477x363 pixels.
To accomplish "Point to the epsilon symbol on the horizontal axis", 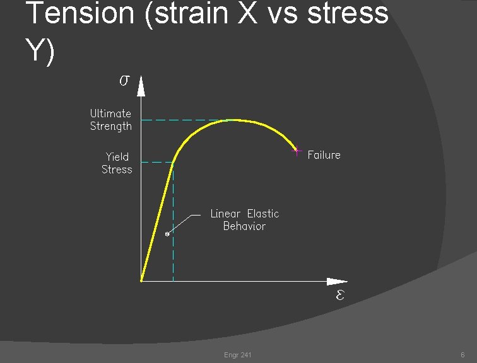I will pyautogui.click(x=339, y=295).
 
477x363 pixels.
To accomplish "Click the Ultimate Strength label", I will pyautogui.click(x=111, y=120).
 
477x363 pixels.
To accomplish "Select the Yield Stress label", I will pyautogui.click(x=117, y=163).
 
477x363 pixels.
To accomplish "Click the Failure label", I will pyautogui.click(x=324, y=155).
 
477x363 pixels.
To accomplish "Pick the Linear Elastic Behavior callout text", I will pyautogui.click(x=244, y=220).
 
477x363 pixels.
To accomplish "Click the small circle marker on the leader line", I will pyautogui.click(x=167, y=234).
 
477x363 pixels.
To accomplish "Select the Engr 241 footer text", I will pyautogui.click(x=238, y=355).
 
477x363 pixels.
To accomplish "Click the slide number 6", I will pyautogui.click(x=462, y=355).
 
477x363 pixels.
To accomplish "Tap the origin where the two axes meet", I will pyautogui.click(x=141, y=281).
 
